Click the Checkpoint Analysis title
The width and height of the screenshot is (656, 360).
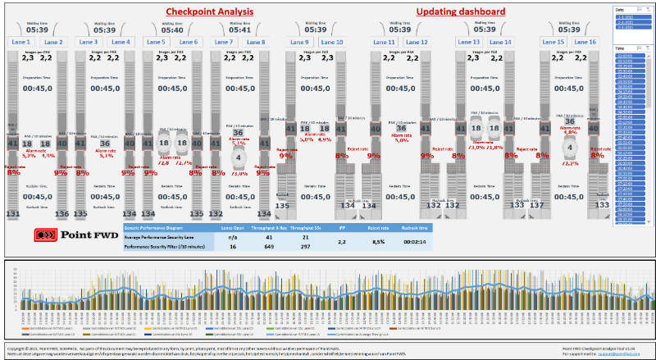click(209, 11)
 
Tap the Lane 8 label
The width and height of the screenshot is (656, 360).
click(255, 42)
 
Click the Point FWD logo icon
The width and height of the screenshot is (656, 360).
click(46, 235)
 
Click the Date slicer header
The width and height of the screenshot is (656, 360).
click(619, 7)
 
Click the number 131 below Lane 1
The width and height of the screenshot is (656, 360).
click(12, 214)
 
